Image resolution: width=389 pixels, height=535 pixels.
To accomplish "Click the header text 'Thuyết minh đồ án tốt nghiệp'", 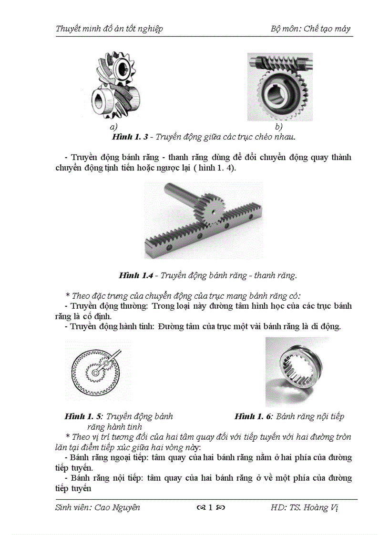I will pyautogui.click(x=109, y=29).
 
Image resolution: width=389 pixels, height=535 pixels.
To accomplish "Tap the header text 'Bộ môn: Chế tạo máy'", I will pyautogui.click(x=310, y=29).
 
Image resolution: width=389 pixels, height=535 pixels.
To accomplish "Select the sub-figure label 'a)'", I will pyautogui.click(x=113, y=127).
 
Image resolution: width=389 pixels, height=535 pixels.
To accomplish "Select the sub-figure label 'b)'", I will pyautogui.click(x=279, y=127).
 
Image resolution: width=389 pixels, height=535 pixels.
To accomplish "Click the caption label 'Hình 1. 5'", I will pyautogui.click(x=83, y=416).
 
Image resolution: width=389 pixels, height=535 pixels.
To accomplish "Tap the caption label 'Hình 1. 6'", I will pyautogui.click(x=253, y=416).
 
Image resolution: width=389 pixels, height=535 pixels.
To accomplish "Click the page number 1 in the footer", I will pyautogui.click(x=210, y=507).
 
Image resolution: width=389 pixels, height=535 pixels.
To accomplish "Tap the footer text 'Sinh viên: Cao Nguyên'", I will pyautogui.click(x=98, y=507).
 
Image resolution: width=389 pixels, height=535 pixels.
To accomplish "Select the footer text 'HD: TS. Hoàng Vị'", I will pyautogui.click(x=304, y=507).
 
